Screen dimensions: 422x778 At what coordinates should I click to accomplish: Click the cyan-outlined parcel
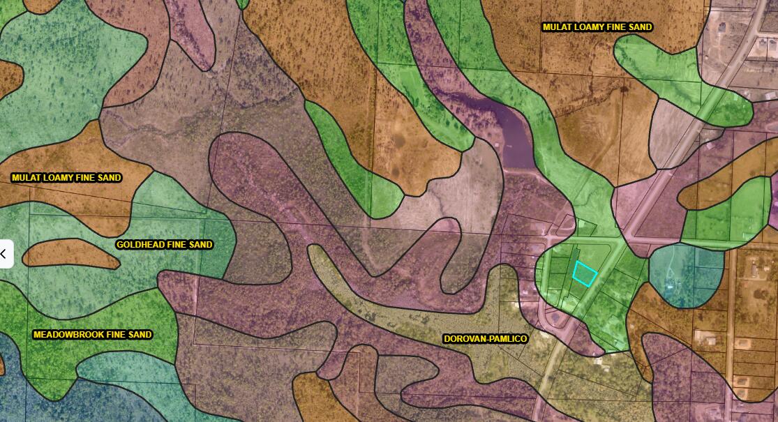(x=584, y=273)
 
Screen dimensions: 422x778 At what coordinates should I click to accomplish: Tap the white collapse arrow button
(x=3, y=254)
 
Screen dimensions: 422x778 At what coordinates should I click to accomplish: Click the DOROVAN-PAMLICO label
(x=486, y=339)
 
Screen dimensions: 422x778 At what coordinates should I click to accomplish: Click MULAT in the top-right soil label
(x=558, y=27)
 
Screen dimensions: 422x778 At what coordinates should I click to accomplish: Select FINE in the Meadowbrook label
(x=118, y=335)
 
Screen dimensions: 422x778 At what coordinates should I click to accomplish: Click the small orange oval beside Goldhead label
(x=70, y=254)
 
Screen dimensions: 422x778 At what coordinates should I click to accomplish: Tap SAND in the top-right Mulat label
(x=639, y=27)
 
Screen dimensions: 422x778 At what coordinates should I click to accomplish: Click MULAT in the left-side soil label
(x=27, y=178)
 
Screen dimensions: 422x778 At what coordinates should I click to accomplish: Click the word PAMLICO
(x=508, y=339)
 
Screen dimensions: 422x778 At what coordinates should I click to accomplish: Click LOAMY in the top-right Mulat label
(x=588, y=27)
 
